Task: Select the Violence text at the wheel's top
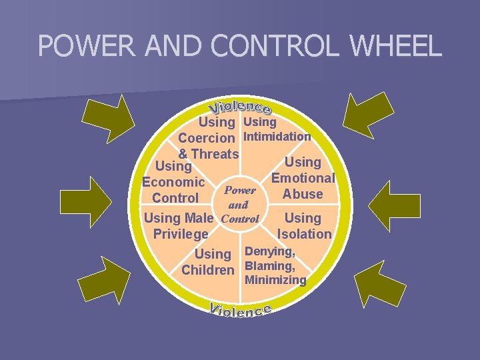coord(240,106)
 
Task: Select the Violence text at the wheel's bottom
coord(240,311)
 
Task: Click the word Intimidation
coord(278,137)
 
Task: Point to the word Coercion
coord(206,139)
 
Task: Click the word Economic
coord(173,182)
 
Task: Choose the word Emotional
coord(303,178)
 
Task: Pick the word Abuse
coord(303,194)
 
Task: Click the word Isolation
coord(304,234)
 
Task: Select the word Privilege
coord(181,234)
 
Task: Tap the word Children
coord(208,271)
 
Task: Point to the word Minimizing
coord(276,280)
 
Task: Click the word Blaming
coord(270,265)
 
